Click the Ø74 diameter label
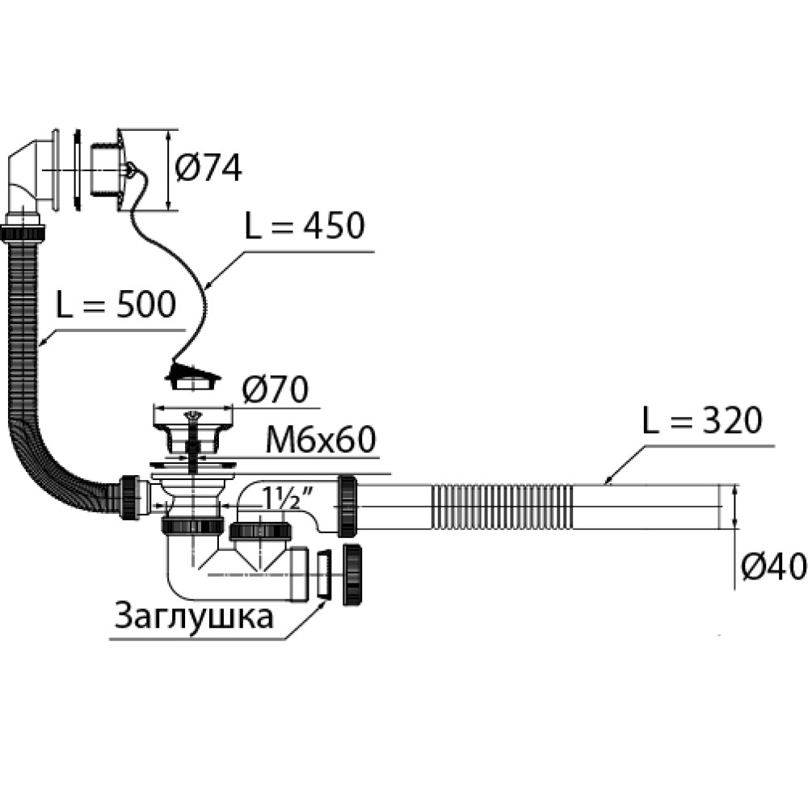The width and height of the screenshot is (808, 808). pos(208,168)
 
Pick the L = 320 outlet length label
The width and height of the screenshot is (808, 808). pos(701,421)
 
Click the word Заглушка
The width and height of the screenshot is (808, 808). pos(194,617)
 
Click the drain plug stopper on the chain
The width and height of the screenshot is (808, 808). pos(191,376)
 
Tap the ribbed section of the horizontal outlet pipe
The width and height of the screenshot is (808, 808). pos(501,507)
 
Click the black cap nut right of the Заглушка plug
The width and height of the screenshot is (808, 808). pos(353,574)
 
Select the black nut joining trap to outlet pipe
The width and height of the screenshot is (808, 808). pos(348,507)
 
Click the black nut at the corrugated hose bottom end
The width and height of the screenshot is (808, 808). pos(128,498)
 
